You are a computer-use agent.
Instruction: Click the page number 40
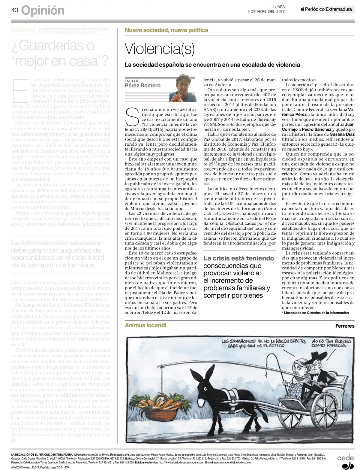coord(15,11)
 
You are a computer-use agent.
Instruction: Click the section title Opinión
coord(43,11)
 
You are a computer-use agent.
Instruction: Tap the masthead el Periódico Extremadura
coord(326,9)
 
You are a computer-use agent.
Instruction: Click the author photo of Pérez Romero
coord(183,88)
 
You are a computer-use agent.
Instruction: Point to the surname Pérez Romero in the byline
coord(142,86)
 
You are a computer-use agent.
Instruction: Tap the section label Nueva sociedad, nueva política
coord(166,30)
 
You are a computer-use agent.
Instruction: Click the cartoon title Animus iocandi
coord(145,325)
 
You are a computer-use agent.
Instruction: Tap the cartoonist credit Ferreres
coord(345,326)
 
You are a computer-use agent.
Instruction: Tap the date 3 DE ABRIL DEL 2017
coord(266,11)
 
